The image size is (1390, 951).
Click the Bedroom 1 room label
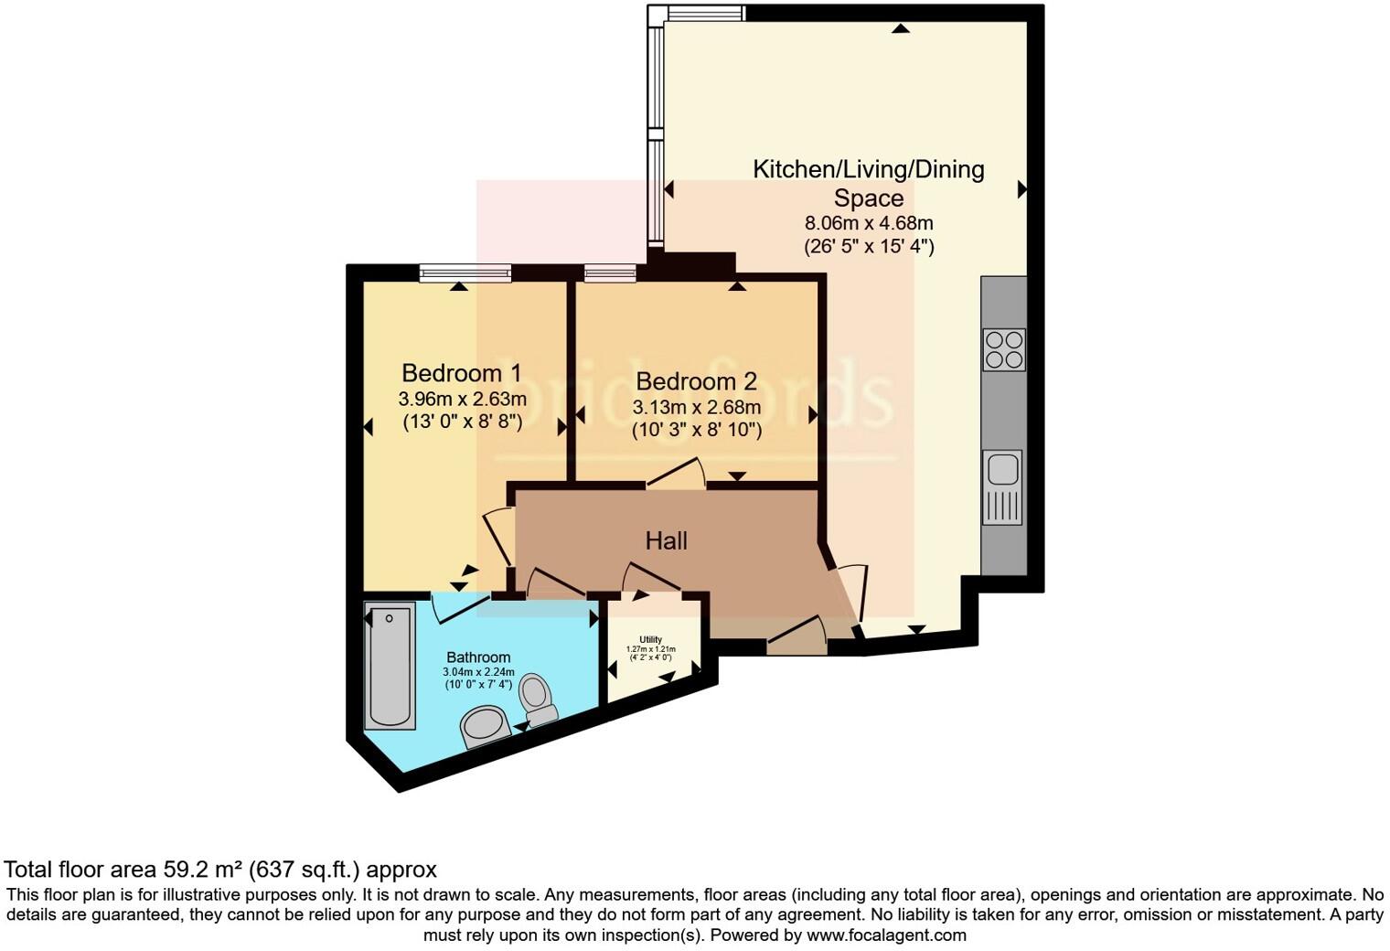[x=462, y=373]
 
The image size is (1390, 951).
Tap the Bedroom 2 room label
[x=697, y=381]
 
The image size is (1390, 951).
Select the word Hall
[x=667, y=540]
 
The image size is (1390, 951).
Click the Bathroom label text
[x=478, y=657]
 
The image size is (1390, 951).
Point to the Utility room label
[x=651, y=639]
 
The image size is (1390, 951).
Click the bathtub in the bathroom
[x=390, y=665]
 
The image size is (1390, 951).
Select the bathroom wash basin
[x=486, y=726]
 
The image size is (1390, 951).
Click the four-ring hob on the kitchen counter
[x=1003, y=349]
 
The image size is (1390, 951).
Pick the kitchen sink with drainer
[x=1003, y=487]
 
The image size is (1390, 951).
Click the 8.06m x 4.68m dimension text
[x=869, y=223]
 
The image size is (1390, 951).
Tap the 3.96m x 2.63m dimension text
[x=462, y=399]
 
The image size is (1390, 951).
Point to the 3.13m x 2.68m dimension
[x=697, y=407]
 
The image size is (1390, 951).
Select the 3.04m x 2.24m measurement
[x=478, y=672]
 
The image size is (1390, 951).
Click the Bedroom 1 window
[x=465, y=272]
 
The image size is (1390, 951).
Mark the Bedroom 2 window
[x=611, y=272]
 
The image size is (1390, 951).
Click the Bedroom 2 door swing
[x=677, y=474]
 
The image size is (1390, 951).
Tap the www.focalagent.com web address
[x=886, y=935]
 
